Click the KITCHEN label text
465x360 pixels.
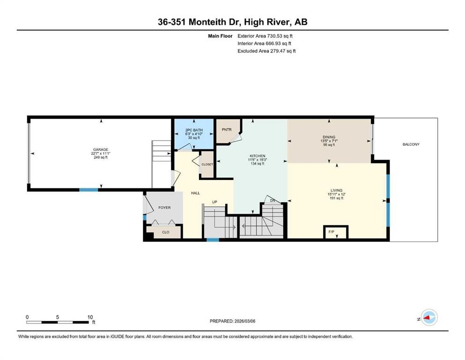257,156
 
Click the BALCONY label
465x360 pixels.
411,144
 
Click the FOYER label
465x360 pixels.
164,208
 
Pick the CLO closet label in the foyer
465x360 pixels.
165,232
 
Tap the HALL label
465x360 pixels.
196,193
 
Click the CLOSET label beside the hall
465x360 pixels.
207,165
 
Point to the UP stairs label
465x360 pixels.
215,202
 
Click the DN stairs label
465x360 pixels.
273,201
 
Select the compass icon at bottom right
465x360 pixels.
428,318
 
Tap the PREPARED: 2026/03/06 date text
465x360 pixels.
233,321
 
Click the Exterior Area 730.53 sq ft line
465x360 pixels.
266,36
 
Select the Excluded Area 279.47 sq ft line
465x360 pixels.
266,51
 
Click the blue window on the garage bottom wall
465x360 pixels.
89,190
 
